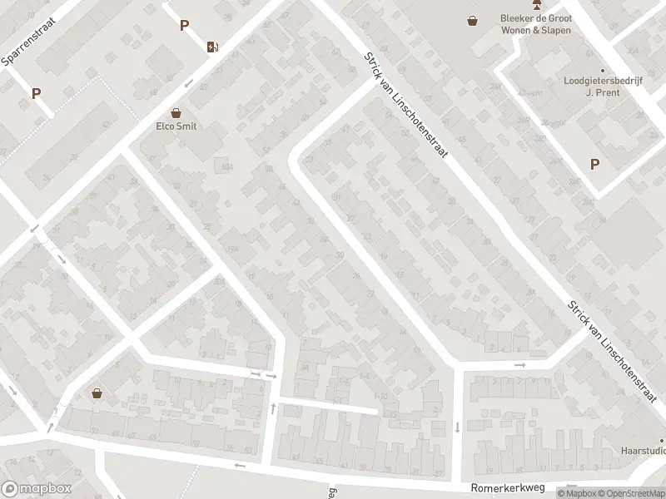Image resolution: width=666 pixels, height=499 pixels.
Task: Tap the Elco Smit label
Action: (x=176, y=126)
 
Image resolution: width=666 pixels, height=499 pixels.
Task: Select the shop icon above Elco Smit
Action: (x=176, y=112)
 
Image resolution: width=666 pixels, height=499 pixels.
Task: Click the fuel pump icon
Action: (x=214, y=46)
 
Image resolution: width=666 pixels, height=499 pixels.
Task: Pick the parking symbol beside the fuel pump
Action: (x=184, y=26)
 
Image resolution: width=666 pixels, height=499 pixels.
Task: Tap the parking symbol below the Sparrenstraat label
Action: (x=36, y=94)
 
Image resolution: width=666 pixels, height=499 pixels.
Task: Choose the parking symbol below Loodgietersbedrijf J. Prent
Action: (x=594, y=165)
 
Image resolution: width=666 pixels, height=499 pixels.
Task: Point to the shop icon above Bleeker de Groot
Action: (x=473, y=21)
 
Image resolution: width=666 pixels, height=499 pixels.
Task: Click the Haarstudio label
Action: (x=644, y=451)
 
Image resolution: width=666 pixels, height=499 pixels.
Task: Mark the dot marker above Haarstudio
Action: (x=663, y=440)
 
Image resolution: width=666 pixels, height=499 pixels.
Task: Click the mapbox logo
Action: (x=37, y=489)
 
